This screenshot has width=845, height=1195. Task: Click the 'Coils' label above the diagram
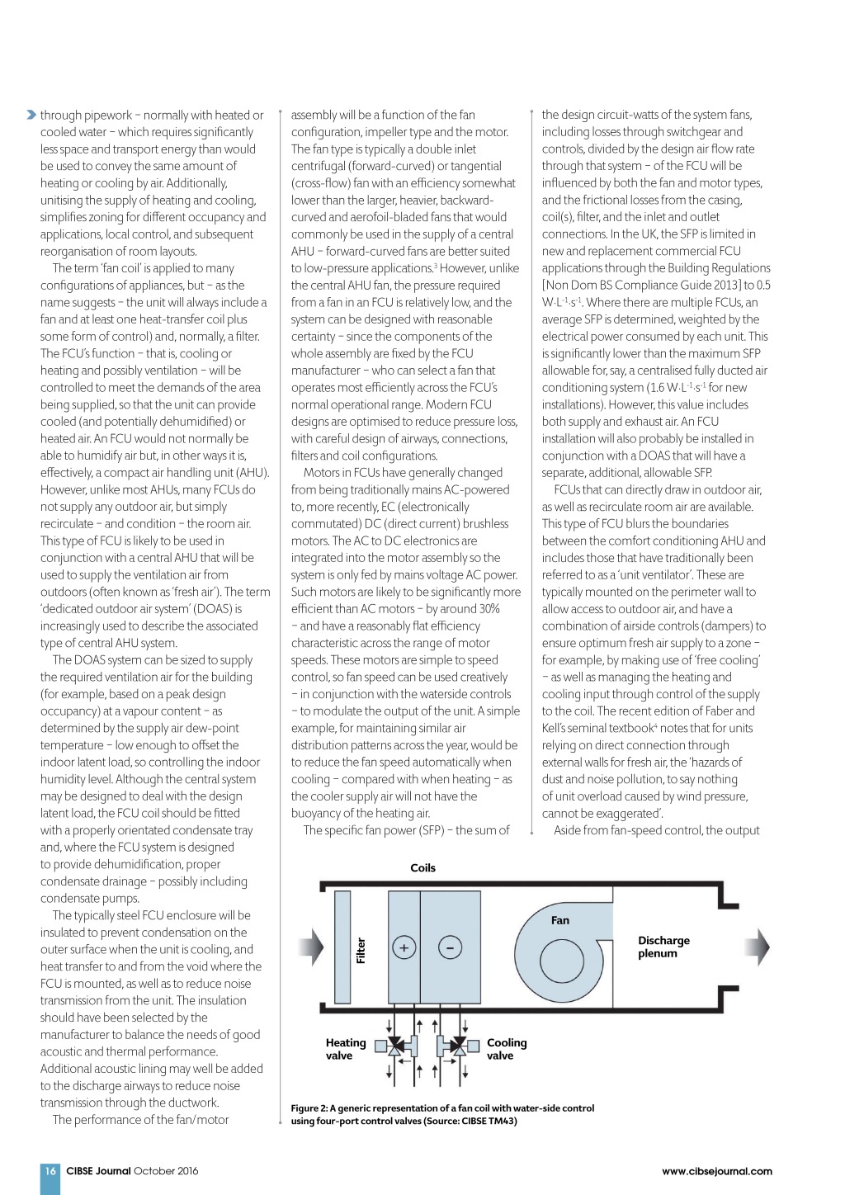422,867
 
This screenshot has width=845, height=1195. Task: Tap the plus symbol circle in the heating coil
404,947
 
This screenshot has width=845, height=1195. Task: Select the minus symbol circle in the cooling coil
450,947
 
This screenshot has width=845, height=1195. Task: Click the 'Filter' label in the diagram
361,949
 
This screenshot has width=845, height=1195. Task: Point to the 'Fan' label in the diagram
560,920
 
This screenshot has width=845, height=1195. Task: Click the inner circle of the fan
562,961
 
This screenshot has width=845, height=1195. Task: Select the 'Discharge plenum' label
663,947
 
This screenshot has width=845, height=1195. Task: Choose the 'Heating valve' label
345,1049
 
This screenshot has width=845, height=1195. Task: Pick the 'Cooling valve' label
506,1049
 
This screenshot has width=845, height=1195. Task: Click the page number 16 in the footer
50,1170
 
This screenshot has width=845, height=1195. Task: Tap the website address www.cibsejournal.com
716,1171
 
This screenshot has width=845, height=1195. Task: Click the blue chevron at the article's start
31,115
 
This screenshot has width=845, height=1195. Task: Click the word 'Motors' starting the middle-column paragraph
321,473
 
